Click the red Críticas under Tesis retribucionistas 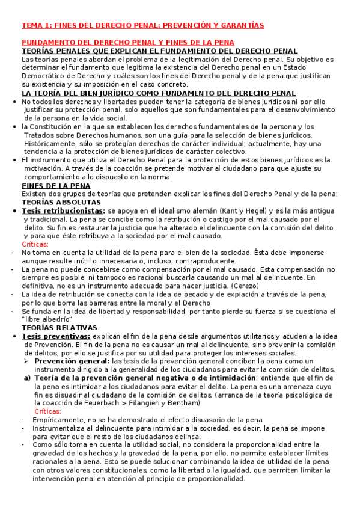(35, 244)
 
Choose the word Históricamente (52, 144)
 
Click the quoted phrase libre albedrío (49, 319)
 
